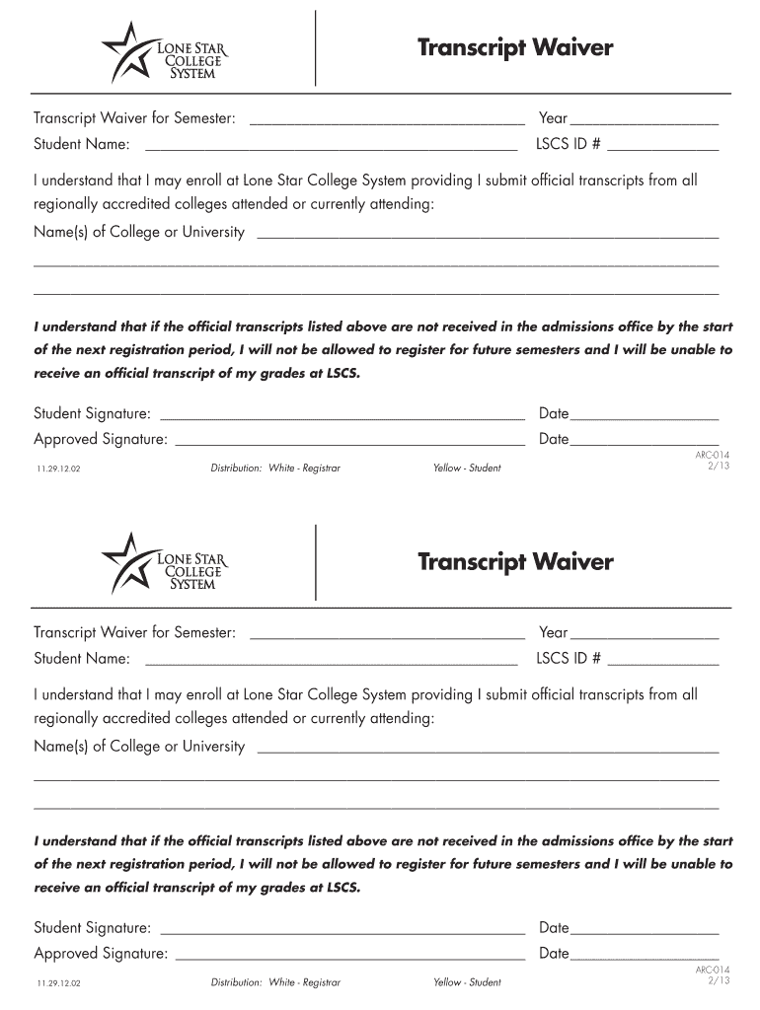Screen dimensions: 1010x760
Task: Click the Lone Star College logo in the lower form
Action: tap(164, 563)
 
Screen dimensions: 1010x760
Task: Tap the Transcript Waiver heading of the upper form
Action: tap(515, 48)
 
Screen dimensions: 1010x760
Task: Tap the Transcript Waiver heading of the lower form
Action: tap(515, 562)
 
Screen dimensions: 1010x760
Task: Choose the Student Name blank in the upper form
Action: tap(331, 147)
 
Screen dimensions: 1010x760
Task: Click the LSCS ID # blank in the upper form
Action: tap(662, 147)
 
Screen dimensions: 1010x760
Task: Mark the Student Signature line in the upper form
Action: tap(342, 415)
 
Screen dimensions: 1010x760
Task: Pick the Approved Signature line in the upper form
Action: tap(349, 441)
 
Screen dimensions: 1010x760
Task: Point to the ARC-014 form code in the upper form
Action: tap(713, 455)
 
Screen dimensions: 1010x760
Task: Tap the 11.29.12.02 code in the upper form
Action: tap(57, 469)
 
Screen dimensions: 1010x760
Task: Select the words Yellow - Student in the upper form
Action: tap(467, 469)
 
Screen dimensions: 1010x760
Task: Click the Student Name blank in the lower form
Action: tap(331, 660)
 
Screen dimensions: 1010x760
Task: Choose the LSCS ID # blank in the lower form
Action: tap(662, 660)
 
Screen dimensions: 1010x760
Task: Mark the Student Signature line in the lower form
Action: tap(342, 929)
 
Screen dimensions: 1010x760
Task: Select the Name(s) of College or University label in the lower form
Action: tap(139, 747)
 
